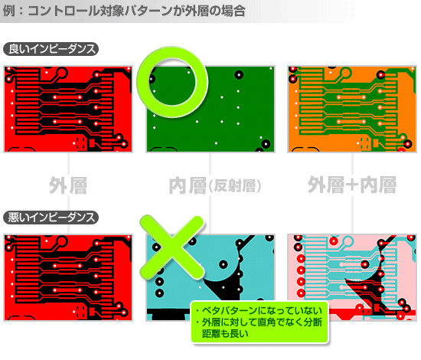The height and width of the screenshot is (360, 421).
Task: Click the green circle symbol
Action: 172,80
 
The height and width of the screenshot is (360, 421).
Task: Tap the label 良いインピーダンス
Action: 51,50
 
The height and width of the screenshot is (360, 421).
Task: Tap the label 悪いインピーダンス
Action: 51,217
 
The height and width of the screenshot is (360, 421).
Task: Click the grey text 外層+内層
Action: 351,185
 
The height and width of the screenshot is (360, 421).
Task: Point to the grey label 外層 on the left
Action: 68,185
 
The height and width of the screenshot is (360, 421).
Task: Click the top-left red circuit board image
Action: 68,108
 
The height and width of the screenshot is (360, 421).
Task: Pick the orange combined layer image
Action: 351,108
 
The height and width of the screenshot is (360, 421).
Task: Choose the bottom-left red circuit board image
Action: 68,277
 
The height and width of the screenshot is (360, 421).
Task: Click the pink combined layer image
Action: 351,277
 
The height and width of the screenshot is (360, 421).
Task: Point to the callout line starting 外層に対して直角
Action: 261,322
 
